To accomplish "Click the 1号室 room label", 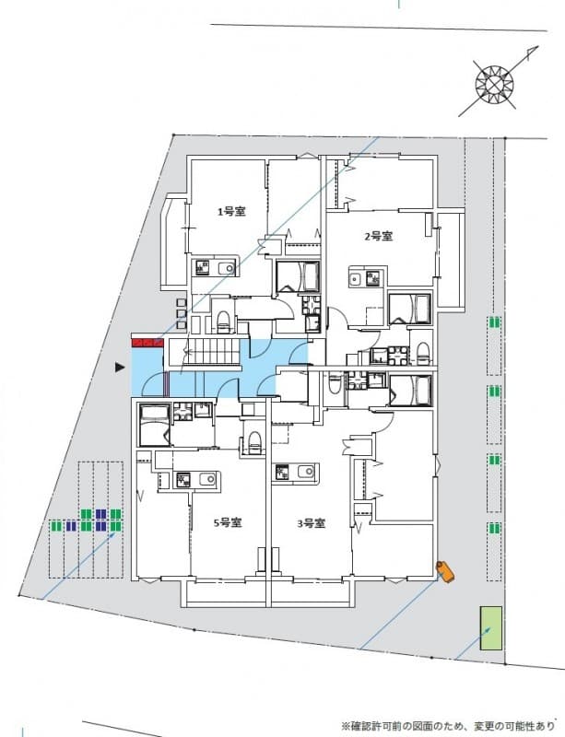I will click(x=230, y=212).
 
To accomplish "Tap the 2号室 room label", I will click(x=378, y=237).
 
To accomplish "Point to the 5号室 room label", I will click(x=228, y=522).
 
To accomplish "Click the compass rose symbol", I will click(x=493, y=83).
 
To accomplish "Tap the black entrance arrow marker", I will click(x=119, y=368).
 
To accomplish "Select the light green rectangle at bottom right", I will click(x=489, y=629).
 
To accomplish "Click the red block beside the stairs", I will click(x=147, y=343).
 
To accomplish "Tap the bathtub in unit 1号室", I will click(x=298, y=275).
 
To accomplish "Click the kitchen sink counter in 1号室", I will click(x=214, y=268).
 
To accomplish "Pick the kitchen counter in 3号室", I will click(x=297, y=473).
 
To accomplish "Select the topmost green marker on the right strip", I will click(x=495, y=323).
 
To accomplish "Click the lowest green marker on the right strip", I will click(x=495, y=528).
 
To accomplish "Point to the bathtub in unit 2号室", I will click(x=410, y=309).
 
